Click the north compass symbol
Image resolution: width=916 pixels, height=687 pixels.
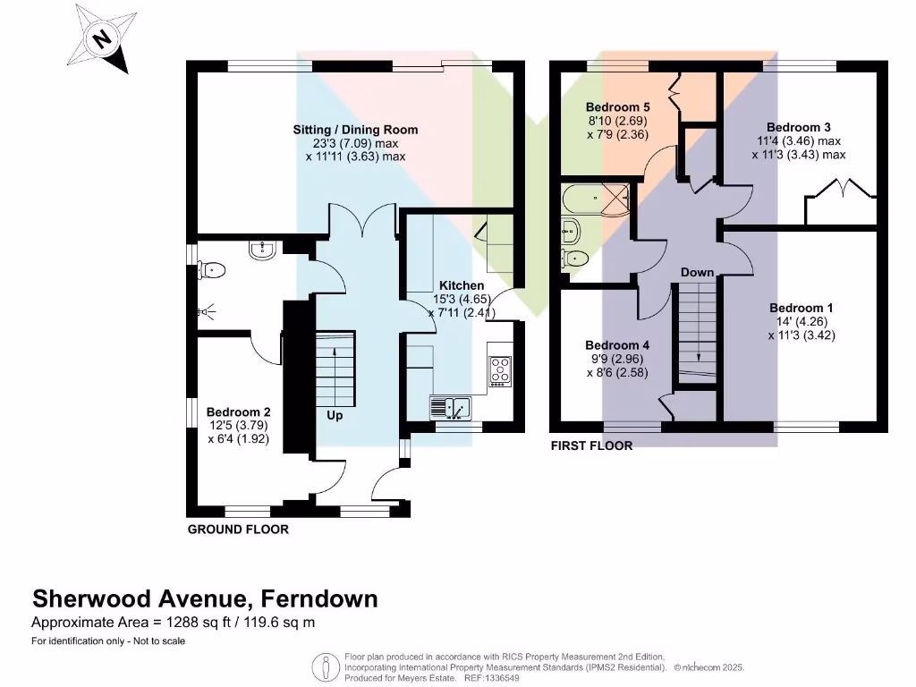102,39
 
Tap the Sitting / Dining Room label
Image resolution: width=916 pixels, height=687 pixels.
355,130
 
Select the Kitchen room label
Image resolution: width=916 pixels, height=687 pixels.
462,285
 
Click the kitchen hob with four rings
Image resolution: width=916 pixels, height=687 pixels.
501,371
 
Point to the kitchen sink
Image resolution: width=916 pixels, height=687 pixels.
451,408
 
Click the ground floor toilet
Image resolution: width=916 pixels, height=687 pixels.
211,270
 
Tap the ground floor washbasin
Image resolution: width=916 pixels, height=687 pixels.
262,250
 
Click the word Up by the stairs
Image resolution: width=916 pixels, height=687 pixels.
335,415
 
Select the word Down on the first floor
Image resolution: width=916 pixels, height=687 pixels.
697,273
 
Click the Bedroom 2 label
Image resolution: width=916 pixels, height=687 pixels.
238,412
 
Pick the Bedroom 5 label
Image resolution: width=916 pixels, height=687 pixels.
617,107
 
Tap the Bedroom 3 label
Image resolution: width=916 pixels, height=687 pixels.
799,127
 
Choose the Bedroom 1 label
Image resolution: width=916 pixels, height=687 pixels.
801,308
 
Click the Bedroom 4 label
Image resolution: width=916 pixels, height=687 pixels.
617,345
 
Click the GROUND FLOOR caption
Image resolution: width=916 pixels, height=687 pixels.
238,530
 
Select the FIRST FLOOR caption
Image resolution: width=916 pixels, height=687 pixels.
592,445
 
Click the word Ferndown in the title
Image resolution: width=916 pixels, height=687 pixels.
319,598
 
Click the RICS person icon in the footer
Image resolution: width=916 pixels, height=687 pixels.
326,667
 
